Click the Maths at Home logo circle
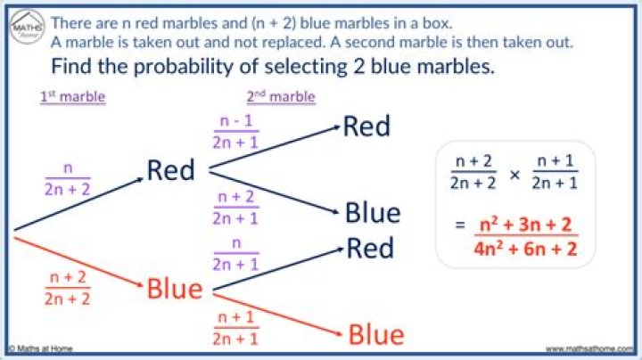(x=27, y=27)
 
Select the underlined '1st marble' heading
(x=73, y=97)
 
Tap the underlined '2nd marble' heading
(x=281, y=97)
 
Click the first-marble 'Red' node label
(x=170, y=170)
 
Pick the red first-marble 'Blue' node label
(x=175, y=289)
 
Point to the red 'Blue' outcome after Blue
(x=376, y=335)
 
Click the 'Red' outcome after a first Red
(x=366, y=126)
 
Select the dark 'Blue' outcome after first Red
(x=373, y=213)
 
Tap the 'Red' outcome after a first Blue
(x=370, y=248)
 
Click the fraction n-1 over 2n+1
(x=235, y=132)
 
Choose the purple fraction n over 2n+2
(x=68, y=179)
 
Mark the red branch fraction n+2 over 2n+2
(x=68, y=288)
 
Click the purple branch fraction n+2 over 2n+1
(x=235, y=208)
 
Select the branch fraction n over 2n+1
(x=235, y=254)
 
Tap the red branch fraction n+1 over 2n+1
(x=235, y=328)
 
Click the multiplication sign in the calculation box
(x=514, y=175)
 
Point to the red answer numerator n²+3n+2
(x=526, y=225)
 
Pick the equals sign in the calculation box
(x=460, y=225)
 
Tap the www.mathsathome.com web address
(x=589, y=349)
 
